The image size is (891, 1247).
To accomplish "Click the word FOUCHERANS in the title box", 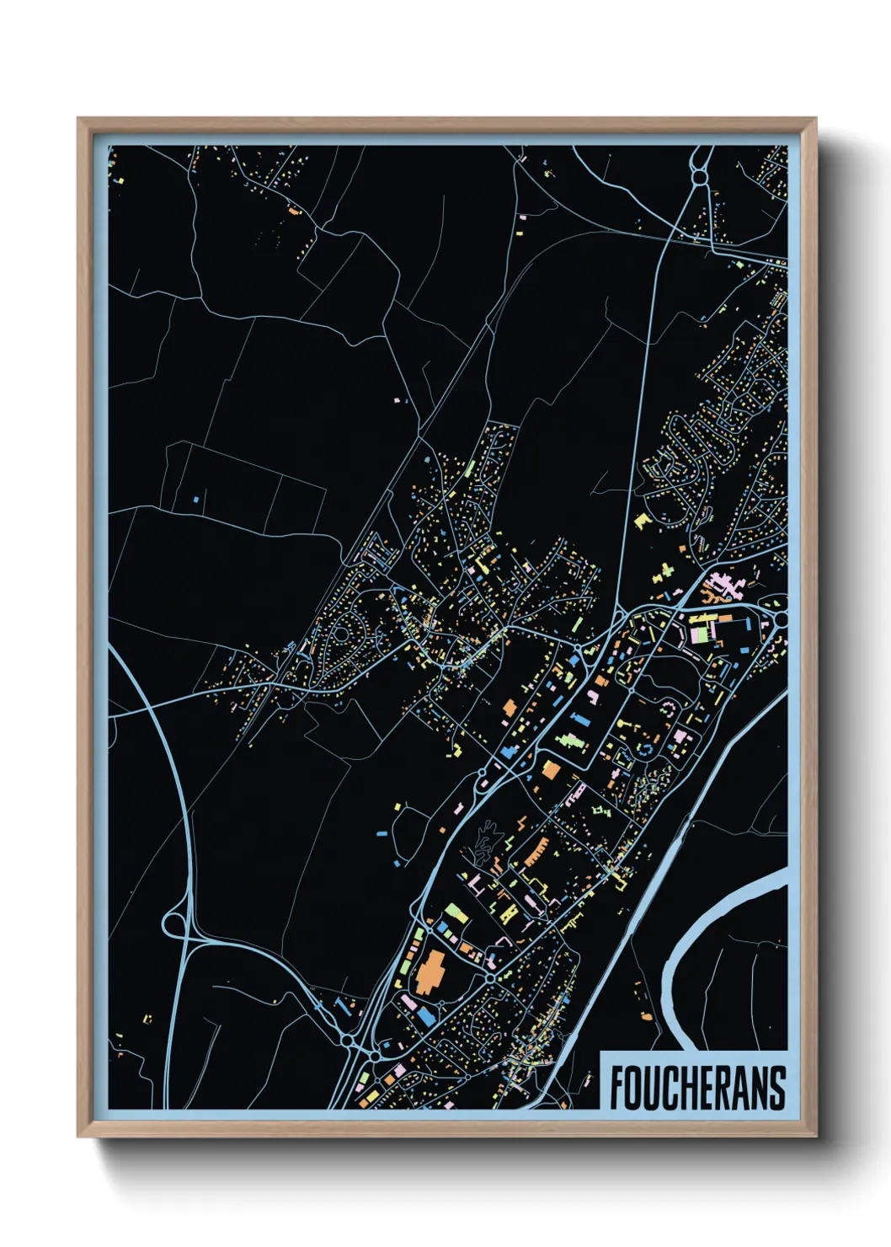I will pyautogui.click(x=697, y=1088).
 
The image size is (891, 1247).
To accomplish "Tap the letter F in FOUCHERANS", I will pyautogui.click(x=617, y=1088).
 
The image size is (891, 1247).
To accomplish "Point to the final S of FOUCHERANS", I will pyautogui.click(x=777, y=1088).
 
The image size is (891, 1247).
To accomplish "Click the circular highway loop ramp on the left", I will pyautogui.click(x=176, y=924).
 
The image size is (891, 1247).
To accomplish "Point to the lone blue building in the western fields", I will pyautogui.click(x=195, y=499).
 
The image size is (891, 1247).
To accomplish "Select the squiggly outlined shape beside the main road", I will pyautogui.click(x=483, y=843).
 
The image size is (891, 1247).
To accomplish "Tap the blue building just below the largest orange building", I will pyautogui.click(x=427, y=1017).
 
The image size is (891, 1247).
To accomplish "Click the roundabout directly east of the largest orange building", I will pyautogui.click(x=491, y=978).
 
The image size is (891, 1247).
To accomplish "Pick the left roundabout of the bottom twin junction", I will pyautogui.click(x=346, y=1041).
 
